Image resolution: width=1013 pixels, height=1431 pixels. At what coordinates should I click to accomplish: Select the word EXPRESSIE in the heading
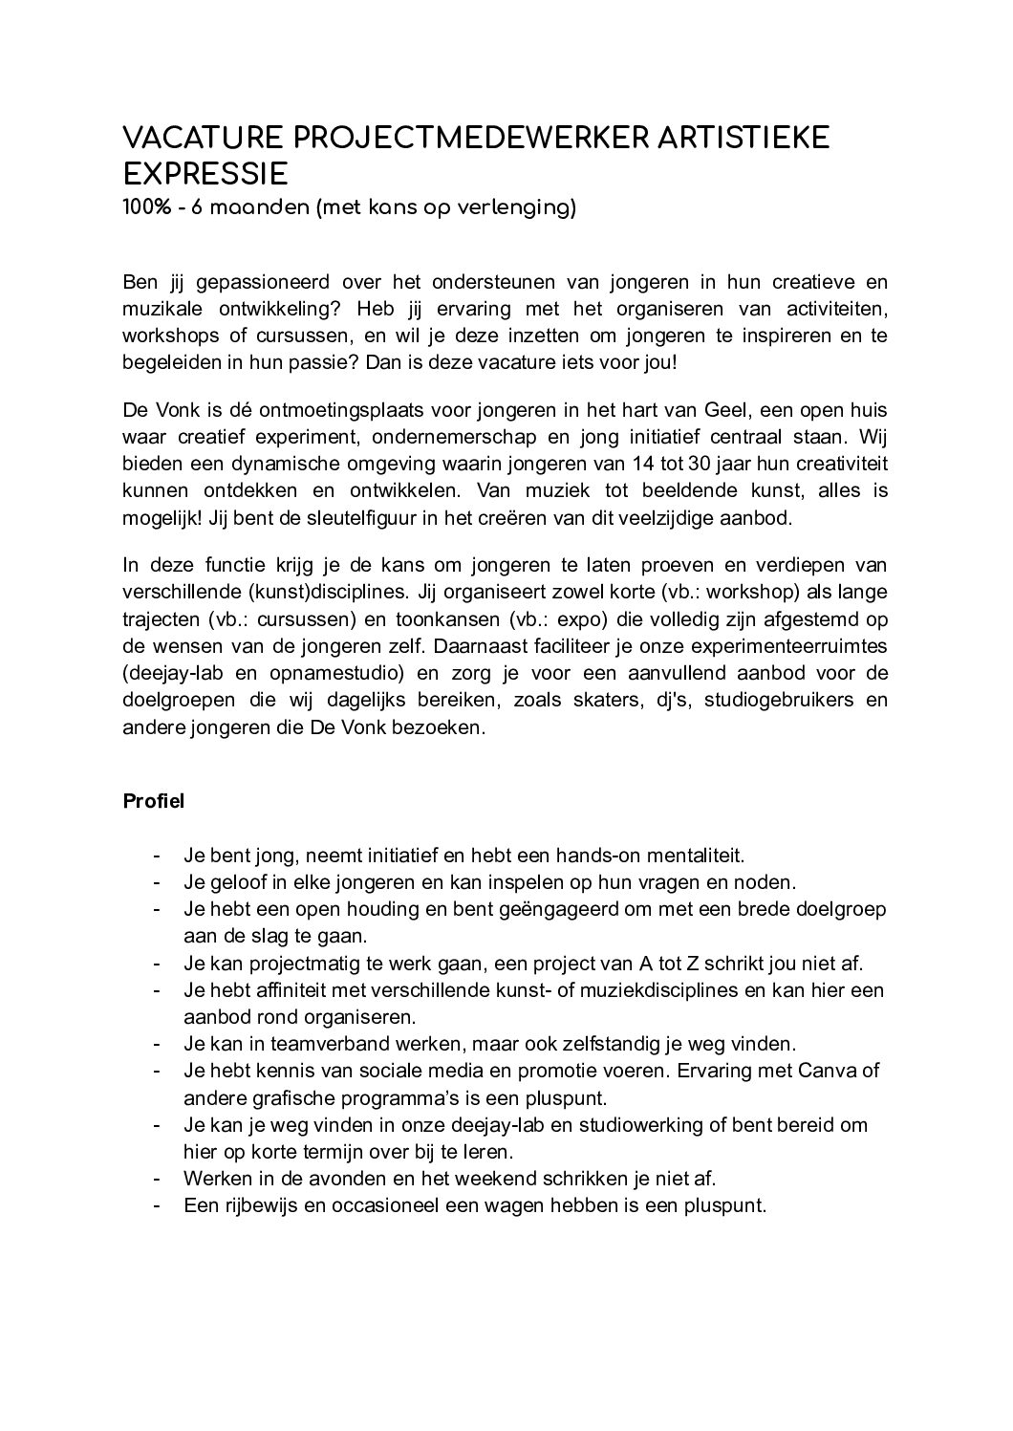click(x=205, y=175)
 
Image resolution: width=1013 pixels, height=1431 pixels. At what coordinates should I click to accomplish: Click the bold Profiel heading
click(x=153, y=801)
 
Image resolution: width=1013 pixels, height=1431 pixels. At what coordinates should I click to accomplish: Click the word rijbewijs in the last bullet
click(x=262, y=1205)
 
